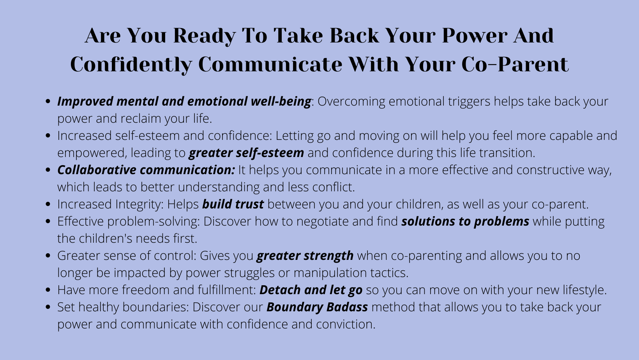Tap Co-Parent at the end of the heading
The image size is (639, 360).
(x=515, y=64)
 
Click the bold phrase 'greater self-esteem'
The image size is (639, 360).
(x=246, y=153)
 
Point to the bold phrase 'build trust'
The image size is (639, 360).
(x=233, y=204)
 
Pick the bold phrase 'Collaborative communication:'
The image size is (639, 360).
(x=147, y=170)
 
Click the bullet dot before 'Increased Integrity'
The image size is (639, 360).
(x=48, y=204)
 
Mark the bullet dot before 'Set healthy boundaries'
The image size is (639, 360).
(x=48, y=307)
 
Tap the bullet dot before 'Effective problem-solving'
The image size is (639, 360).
(x=48, y=221)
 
